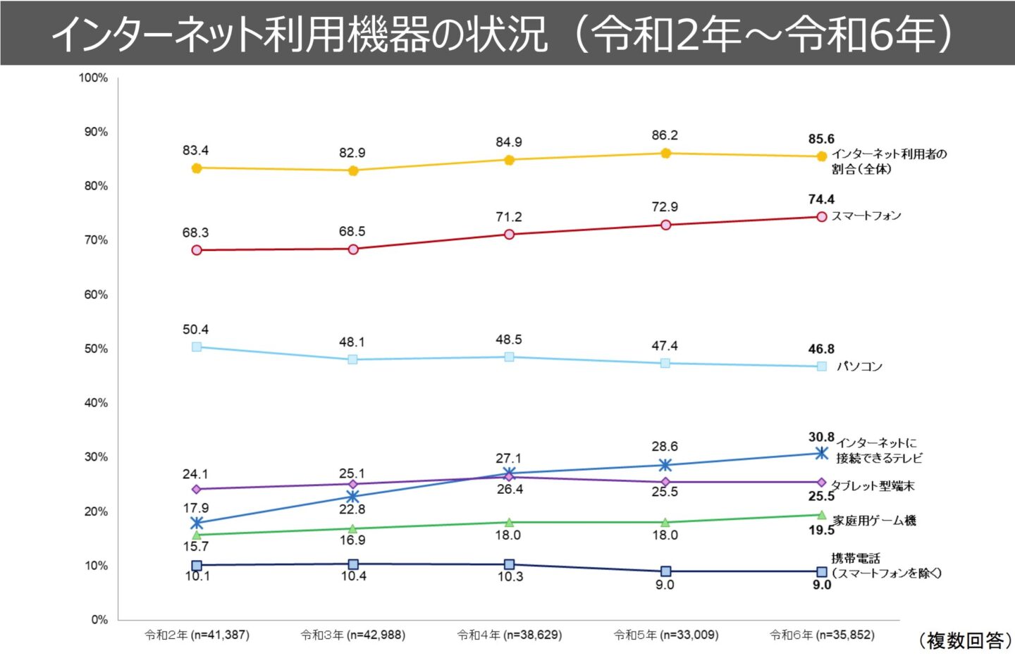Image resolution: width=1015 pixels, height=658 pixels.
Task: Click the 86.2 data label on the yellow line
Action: point(665,135)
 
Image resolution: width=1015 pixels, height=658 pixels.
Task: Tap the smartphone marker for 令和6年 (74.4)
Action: point(821,216)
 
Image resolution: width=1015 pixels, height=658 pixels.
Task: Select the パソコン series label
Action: point(859,366)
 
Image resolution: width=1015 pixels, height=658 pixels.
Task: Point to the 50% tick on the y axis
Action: point(96,349)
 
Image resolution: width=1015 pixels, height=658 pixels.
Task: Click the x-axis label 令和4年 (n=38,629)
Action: point(509,635)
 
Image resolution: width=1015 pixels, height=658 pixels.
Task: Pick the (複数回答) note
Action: point(964,640)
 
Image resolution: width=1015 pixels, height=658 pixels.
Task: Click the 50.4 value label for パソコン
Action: point(195,330)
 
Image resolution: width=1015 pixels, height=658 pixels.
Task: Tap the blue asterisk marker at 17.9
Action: point(197,523)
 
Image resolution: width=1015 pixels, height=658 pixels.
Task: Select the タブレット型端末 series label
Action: point(873,485)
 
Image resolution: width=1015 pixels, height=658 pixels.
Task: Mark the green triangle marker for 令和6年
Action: point(821,515)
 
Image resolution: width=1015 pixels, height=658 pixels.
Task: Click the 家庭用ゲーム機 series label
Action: point(874,521)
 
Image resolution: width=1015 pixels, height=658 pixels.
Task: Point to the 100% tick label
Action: point(93,77)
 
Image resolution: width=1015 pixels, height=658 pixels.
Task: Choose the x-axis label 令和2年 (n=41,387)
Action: point(197,635)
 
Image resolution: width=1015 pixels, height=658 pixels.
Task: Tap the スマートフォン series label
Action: point(866,216)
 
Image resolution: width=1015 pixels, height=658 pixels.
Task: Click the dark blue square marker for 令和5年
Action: point(665,571)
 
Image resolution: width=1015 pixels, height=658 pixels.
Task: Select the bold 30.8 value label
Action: point(821,437)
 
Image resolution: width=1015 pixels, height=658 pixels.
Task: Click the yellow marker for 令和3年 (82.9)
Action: point(353,170)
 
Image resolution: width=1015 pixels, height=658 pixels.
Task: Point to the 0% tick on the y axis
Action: point(99,620)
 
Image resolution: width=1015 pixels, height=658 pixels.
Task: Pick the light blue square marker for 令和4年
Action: point(509,356)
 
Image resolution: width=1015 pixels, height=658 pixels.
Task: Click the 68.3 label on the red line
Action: point(195,232)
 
